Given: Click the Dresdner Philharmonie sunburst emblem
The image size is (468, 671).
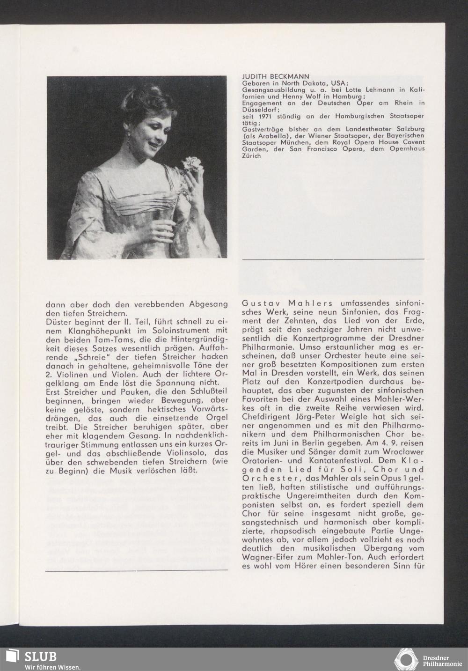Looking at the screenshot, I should [406, 659].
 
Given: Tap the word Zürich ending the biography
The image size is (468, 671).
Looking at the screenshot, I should [251, 156].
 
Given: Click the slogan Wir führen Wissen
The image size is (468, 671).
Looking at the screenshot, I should [52, 666].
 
